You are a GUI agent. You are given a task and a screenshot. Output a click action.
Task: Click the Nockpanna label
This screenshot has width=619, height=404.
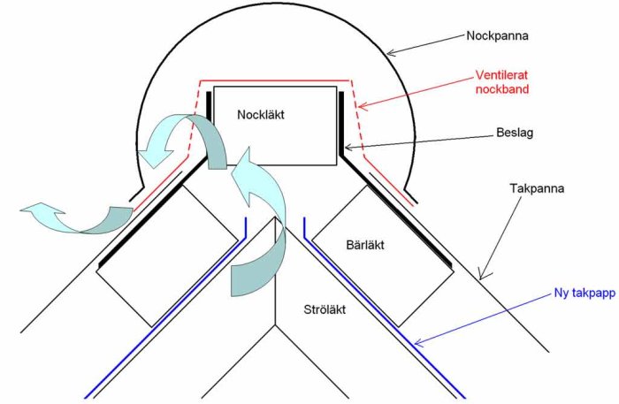point(497,36)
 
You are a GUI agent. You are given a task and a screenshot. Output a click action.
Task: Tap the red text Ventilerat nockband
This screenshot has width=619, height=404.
point(501,82)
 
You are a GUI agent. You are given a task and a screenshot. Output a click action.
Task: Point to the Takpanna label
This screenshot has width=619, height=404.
point(537,188)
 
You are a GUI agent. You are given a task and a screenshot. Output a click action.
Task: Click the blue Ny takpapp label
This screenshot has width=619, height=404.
point(585,293)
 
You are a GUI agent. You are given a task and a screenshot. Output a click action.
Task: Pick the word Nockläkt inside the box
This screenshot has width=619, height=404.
point(261,115)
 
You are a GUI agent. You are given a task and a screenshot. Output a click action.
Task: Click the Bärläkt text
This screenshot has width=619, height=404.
point(365,245)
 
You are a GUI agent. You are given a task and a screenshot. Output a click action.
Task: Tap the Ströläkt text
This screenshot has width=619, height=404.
point(325,309)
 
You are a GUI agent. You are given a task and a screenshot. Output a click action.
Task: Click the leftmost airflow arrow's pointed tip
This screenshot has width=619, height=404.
point(20,210)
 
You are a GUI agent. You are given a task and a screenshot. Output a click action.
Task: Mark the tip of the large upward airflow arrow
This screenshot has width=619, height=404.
point(249,147)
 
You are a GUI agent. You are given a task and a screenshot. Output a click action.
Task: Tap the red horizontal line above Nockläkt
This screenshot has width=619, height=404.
point(275,80)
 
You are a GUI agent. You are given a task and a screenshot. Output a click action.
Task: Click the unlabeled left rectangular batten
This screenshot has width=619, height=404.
point(168,256)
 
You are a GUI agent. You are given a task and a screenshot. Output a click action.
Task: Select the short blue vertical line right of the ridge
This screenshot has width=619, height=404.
point(304,227)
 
